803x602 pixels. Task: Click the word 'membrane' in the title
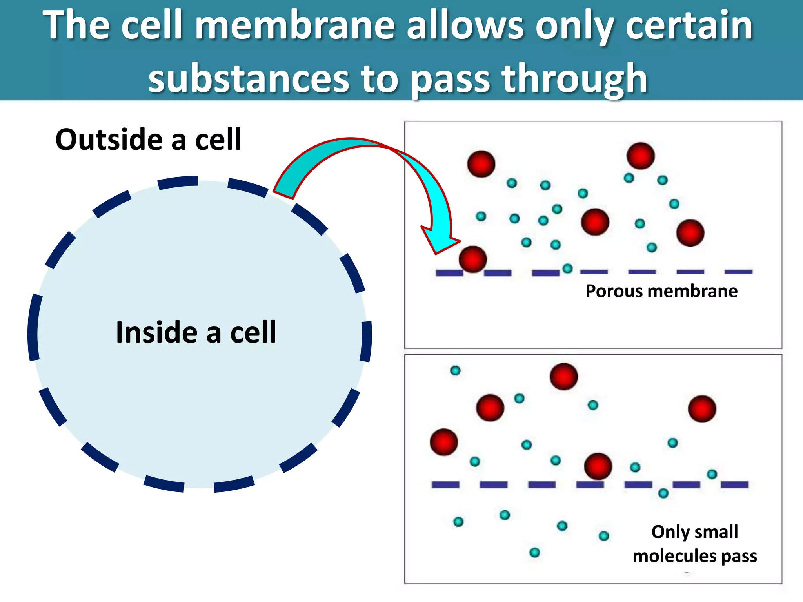[294, 26]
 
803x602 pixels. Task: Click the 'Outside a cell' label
[148, 140]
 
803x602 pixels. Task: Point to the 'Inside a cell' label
[196, 332]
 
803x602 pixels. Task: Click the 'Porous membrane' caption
[661, 291]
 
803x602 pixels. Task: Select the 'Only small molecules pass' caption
[695, 544]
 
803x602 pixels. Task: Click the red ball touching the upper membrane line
[473, 259]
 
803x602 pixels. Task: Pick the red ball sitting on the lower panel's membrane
[598, 466]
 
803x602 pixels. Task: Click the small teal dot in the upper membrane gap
[567, 268]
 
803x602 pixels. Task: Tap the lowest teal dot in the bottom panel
[534, 553]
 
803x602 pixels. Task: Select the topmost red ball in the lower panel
[564, 376]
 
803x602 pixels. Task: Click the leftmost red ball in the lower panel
[444, 442]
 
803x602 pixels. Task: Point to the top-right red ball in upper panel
[641, 156]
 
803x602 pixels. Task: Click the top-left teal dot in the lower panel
[455, 370]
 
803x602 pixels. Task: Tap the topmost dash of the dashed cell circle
[178, 182]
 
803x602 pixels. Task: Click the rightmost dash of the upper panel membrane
[739, 272]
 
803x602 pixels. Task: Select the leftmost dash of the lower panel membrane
[445, 485]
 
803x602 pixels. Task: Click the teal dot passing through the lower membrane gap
[663, 493]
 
